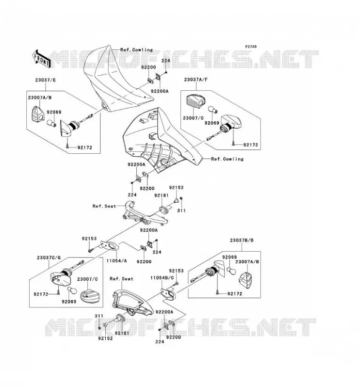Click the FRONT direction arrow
tap(41, 60)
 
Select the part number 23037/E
tap(45, 80)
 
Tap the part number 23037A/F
tap(196, 80)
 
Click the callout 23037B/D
tap(242, 240)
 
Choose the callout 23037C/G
tap(49, 258)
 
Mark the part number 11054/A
tap(116, 260)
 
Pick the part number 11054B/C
tap(162, 277)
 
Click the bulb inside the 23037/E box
tap(52, 123)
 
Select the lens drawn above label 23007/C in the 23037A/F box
tap(196, 101)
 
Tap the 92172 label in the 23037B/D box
tap(235, 294)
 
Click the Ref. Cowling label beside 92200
tap(136, 50)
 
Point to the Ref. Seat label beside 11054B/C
tap(121, 278)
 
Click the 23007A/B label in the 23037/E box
tap(40, 97)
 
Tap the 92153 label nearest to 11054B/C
tap(176, 271)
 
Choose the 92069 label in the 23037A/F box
tap(212, 123)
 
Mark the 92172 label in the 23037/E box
tap(85, 147)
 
